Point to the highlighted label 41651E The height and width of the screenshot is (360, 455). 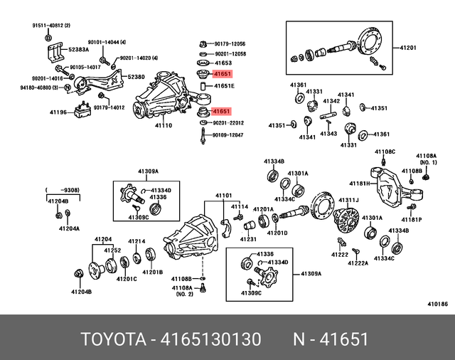tap(224, 85)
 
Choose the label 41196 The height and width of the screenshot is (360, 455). tap(58, 112)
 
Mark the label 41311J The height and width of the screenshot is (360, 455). tap(348, 200)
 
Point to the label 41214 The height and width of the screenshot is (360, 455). tap(136, 240)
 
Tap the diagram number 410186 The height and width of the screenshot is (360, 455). tap(437, 304)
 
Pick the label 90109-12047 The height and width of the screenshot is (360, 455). tap(228, 134)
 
